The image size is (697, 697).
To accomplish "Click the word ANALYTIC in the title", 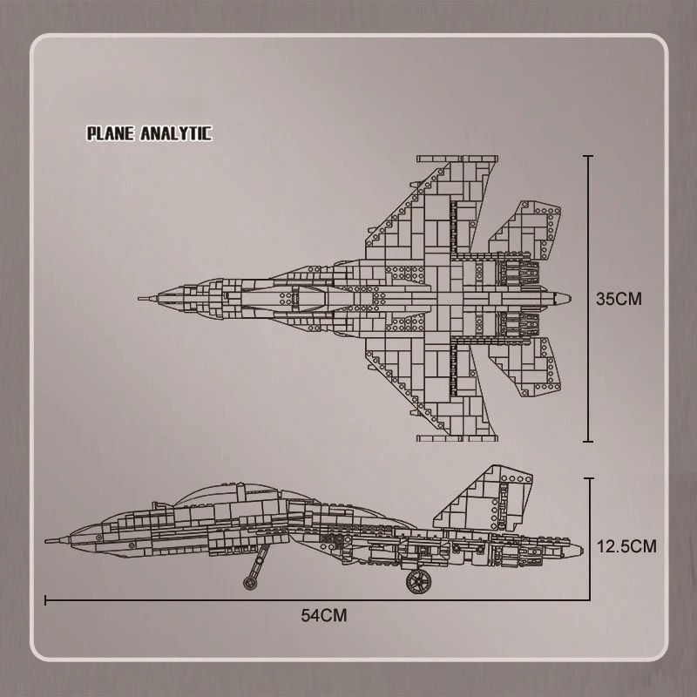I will coord(174,133).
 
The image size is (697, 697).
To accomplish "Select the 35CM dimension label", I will coord(619,298).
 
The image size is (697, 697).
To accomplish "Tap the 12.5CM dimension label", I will coord(626,546).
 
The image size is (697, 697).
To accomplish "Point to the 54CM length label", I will coord(324,615).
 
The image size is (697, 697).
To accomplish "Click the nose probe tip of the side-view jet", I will coord(48,541).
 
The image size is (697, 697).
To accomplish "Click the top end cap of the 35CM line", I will coord(588,157).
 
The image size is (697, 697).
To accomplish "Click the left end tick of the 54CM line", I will coord(45,599).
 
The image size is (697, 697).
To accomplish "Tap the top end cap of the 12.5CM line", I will coord(588,478).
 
